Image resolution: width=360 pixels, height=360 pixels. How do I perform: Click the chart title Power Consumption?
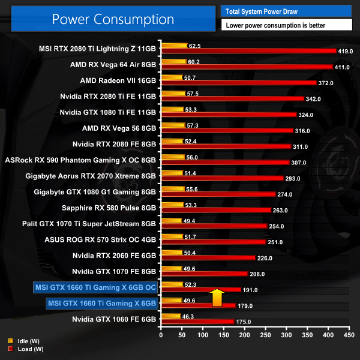pos(113,19)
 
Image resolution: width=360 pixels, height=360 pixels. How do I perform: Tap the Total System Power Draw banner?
pos(286,10)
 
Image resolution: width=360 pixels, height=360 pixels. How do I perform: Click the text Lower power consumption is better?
pos(286,25)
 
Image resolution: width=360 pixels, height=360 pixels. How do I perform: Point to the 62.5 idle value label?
pos(194,46)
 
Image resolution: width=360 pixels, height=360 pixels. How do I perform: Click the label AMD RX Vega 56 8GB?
pos(119,128)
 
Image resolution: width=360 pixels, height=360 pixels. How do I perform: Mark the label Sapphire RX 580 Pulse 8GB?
pos(109,208)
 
